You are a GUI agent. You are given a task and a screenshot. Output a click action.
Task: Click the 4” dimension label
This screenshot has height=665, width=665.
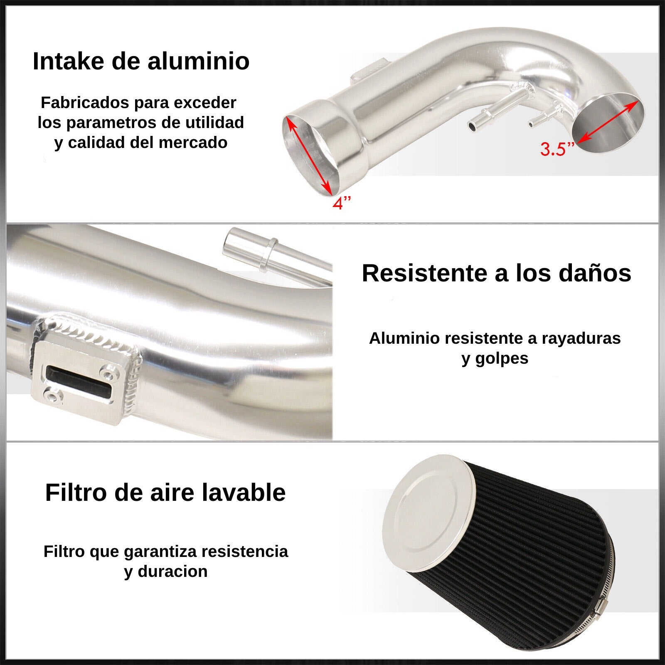(x=342, y=203)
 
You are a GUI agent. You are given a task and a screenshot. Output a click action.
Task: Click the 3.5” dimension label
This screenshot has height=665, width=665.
(x=557, y=149)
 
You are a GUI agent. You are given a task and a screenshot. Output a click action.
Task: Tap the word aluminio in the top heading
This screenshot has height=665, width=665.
(x=198, y=61)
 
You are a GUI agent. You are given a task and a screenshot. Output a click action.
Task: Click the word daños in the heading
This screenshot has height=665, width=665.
(x=595, y=273)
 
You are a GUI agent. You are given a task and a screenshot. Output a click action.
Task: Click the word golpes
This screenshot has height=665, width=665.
(x=501, y=358)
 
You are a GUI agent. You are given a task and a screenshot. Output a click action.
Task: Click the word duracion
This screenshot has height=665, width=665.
(x=173, y=571)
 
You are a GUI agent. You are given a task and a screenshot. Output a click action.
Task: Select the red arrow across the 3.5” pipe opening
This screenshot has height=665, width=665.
(x=608, y=122)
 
